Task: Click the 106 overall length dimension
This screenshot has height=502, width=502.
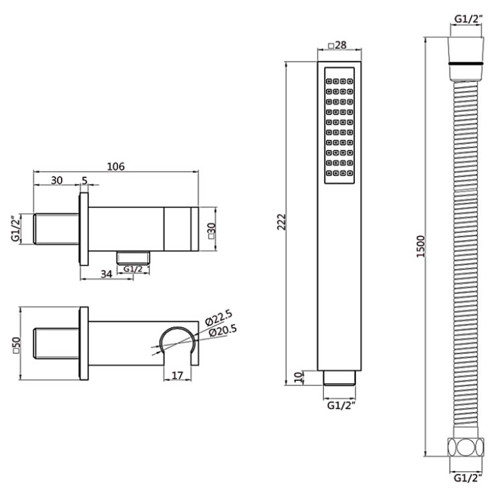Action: [x=116, y=166]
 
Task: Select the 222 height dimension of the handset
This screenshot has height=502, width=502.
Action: [x=281, y=221]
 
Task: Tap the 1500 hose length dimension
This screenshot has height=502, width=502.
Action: [x=420, y=246]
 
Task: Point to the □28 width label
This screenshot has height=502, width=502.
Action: [x=337, y=45]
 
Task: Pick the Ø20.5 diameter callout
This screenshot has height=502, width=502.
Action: [x=223, y=331]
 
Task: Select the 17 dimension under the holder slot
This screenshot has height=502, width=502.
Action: [x=177, y=375]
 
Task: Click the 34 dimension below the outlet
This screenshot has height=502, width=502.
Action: [x=106, y=274]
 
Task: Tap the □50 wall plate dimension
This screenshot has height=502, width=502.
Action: [x=16, y=344]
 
